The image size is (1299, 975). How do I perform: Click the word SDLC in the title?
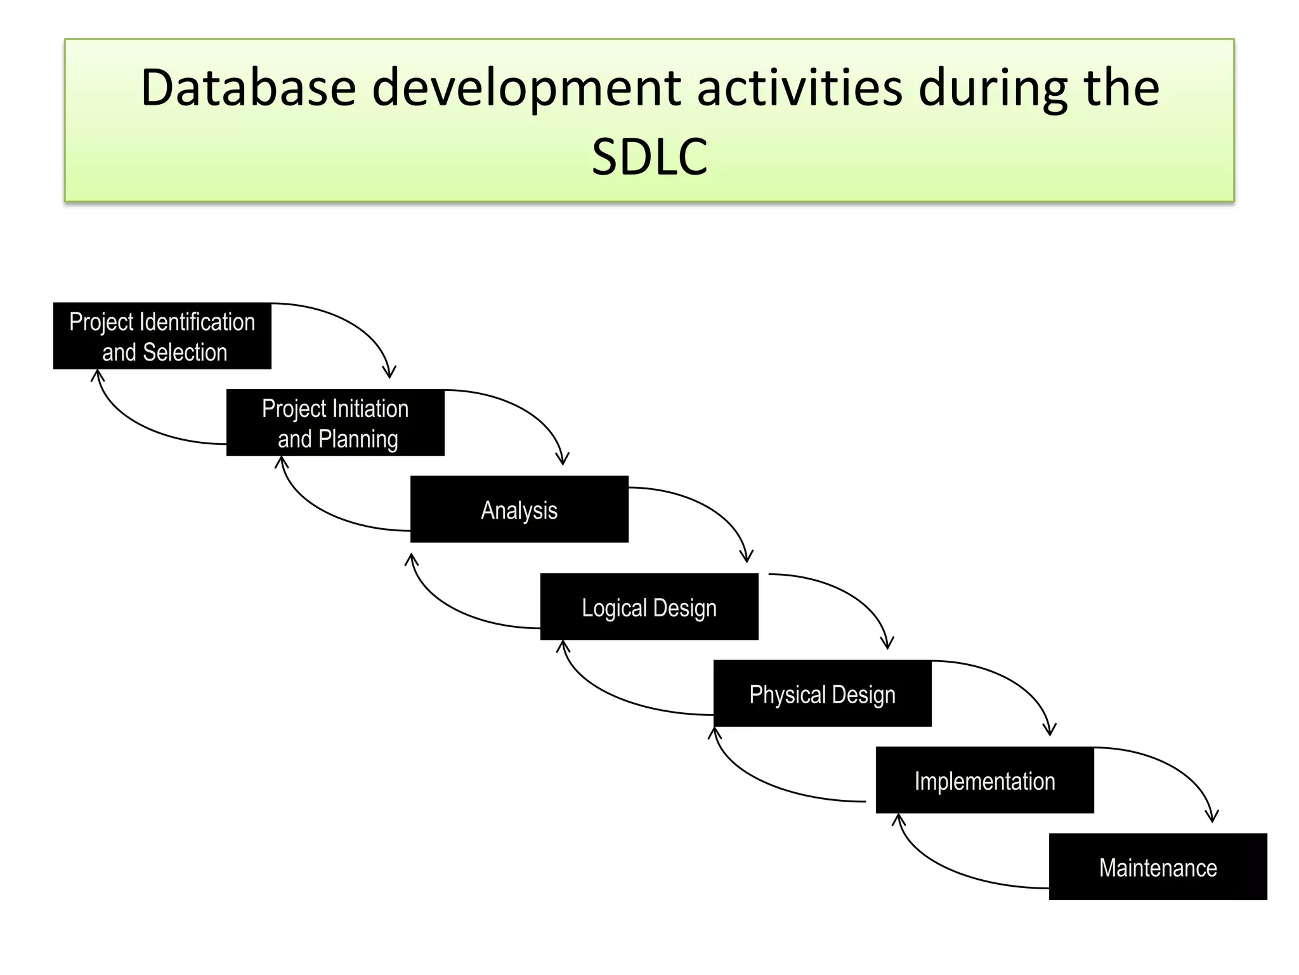649,156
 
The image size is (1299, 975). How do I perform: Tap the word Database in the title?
247,88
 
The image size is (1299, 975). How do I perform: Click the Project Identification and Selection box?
162,336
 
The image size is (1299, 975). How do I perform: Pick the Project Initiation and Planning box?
335,423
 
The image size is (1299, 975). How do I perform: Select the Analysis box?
519,509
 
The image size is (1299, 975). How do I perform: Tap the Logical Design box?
649,607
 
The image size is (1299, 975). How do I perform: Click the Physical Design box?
822,694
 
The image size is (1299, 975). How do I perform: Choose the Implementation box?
984,780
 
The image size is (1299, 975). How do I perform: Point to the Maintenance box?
1158,867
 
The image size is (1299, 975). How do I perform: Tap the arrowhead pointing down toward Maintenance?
1211,817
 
